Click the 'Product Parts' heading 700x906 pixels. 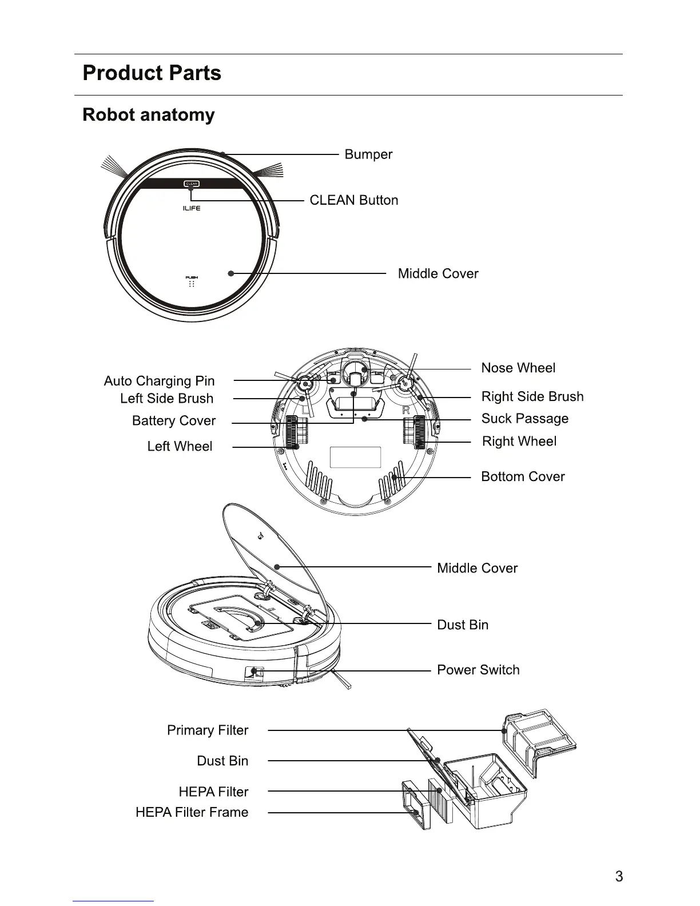tap(152, 73)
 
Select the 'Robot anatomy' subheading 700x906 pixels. tap(149, 114)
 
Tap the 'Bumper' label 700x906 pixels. tap(368, 154)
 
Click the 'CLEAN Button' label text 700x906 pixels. tap(353, 200)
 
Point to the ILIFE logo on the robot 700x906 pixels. tap(191, 209)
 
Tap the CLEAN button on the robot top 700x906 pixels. tap(191, 184)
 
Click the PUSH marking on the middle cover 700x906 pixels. tap(192, 278)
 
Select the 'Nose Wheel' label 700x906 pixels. tap(518, 368)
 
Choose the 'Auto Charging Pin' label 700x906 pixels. tap(159, 381)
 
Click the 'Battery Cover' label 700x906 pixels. tap(173, 421)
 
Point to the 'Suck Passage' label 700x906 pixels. tap(524, 419)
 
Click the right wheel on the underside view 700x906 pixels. tap(415, 432)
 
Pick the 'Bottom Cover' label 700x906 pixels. tap(523, 477)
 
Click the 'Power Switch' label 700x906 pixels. tap(478, 670)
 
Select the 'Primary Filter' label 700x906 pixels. tap(208, 730)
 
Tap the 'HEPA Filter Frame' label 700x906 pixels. tap(192, 812)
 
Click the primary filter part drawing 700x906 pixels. tap(538, 738)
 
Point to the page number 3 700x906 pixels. tap(619, 876)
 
